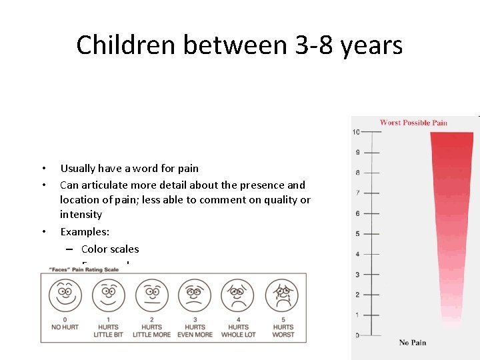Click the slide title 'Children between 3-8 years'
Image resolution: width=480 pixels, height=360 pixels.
239,45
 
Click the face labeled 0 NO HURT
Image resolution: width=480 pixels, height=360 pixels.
65,295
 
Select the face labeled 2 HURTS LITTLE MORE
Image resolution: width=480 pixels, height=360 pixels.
152,295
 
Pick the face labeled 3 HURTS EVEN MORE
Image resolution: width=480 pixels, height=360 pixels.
195,295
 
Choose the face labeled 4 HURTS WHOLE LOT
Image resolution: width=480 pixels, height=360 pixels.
238,295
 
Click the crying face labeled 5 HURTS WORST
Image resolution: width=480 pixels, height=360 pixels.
282,295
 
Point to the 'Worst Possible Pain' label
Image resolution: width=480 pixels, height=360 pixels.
413,123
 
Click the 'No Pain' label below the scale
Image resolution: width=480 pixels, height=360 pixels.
413,343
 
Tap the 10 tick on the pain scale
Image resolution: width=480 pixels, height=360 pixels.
357,132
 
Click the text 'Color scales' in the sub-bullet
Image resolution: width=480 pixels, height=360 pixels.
110,249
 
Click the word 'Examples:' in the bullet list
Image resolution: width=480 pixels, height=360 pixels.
84,231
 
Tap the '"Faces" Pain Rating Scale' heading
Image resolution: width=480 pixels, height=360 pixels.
83,269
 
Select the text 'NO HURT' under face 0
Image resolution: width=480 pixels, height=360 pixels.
65,327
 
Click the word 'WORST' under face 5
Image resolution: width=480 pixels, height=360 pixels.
283,335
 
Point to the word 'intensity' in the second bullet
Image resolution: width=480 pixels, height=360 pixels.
81,215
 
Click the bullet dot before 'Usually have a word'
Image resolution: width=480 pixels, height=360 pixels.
43,168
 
